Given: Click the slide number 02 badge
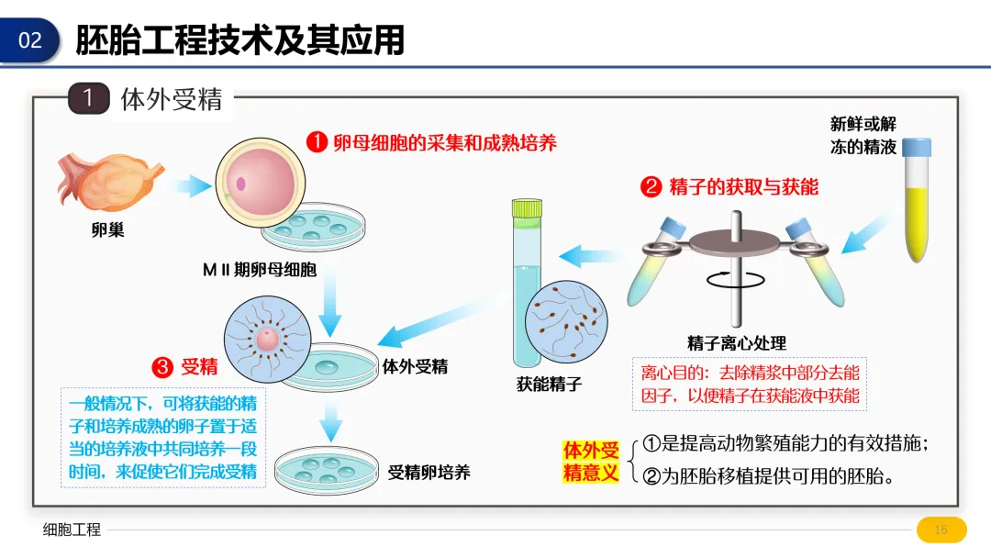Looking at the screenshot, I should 30,40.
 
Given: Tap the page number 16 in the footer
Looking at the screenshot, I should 941,530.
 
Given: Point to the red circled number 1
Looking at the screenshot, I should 317,143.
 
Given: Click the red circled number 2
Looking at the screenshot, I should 651,187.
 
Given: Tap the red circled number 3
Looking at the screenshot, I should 162,367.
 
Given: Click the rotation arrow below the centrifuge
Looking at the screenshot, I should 724,277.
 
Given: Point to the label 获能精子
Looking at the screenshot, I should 550,384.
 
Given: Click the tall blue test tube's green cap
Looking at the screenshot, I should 527,209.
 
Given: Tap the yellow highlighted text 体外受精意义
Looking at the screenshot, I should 591,462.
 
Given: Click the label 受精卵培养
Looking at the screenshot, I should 429,472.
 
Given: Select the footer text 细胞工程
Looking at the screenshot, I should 72,530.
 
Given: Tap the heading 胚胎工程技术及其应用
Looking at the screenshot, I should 240,40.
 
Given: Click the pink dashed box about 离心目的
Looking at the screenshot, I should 750,384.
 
